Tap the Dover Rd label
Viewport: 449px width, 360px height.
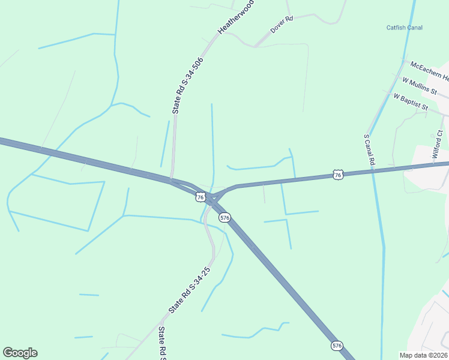coord(281,25)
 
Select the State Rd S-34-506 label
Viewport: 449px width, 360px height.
coord(187,85)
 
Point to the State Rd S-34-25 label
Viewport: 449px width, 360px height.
coord(190,290)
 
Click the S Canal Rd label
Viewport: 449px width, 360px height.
coord(369,149)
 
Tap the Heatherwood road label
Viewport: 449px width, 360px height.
coord(236,16)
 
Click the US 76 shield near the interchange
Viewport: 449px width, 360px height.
coord(200,196)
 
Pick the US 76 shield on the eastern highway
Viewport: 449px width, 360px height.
coord(338,175)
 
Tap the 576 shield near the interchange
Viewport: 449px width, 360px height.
coord(224,218)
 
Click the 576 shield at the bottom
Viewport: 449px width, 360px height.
coord(337,346)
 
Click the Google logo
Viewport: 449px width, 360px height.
coord(20,353)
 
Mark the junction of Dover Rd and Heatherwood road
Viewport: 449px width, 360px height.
coord(255,46)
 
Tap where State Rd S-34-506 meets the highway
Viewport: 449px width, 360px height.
coord(172,178)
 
